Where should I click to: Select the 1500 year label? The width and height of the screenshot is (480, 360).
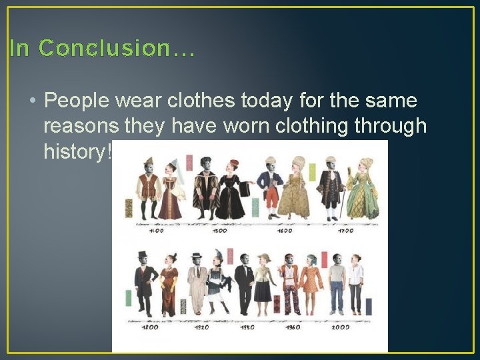tap(219, 231)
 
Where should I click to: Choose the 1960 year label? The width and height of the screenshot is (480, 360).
tap(291, 327)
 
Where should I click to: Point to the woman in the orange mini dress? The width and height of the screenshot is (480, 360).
tap(311, 283)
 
